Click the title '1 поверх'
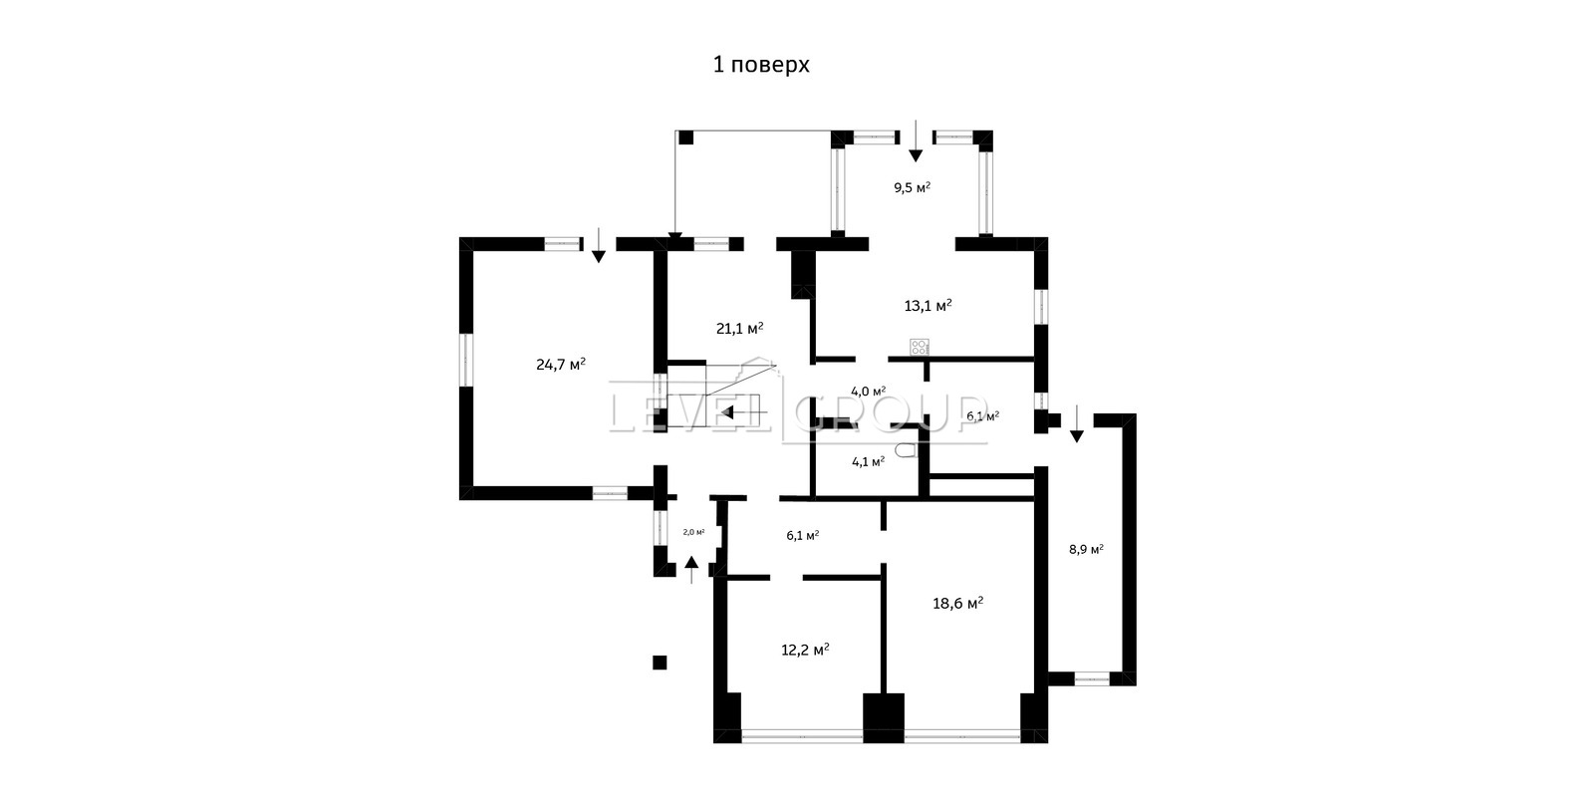761,65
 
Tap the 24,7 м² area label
561,364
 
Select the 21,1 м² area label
740,328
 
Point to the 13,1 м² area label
928,306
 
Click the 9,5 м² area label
913,188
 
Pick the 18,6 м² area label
957,603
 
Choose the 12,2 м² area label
806,650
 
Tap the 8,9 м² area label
1087,549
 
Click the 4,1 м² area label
868,461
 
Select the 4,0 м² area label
868,391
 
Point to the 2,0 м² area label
693,532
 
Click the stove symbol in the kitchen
920,348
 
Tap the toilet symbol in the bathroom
906,450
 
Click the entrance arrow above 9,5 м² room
916,140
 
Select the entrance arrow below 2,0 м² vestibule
691,570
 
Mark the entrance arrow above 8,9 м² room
1077,423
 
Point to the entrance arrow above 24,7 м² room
599,245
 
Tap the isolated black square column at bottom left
660,663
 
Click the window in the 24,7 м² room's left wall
466,360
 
